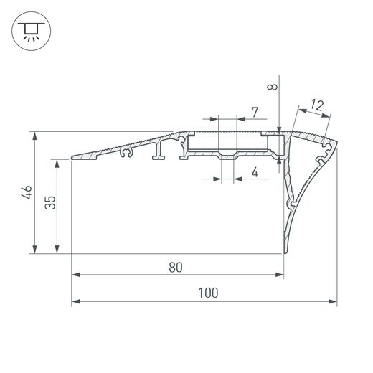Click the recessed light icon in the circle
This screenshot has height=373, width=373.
32,32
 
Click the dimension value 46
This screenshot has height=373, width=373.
27,192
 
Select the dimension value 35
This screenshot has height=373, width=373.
50,202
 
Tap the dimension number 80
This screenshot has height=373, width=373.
176,268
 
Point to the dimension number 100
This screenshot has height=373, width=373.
208,293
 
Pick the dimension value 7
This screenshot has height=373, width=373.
255,113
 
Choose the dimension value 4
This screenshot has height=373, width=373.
255,172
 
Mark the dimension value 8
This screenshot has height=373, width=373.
273,87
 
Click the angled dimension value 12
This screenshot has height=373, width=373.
317,105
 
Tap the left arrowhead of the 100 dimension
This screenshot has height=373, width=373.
75,301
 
